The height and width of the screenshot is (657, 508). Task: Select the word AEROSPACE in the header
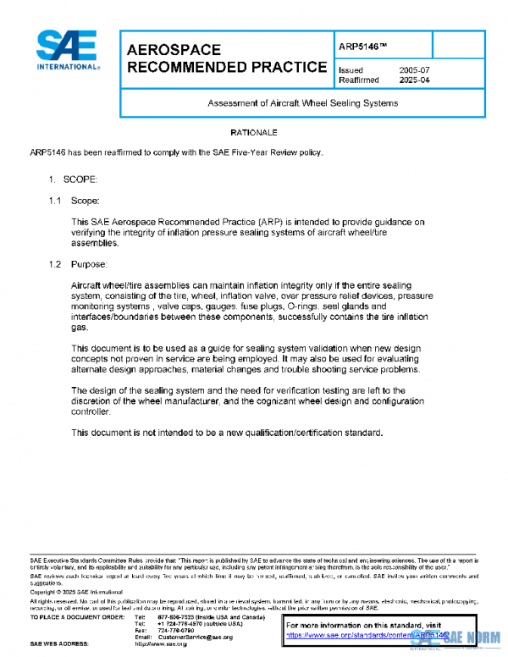[x=174, y=51]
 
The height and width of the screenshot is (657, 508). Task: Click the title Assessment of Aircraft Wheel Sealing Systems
[x=302, y=103]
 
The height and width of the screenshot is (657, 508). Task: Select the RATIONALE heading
[x=254, y=134]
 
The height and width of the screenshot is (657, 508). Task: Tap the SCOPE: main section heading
[x=81, y=179]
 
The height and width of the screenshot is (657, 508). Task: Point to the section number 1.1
[x=55, y=201]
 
